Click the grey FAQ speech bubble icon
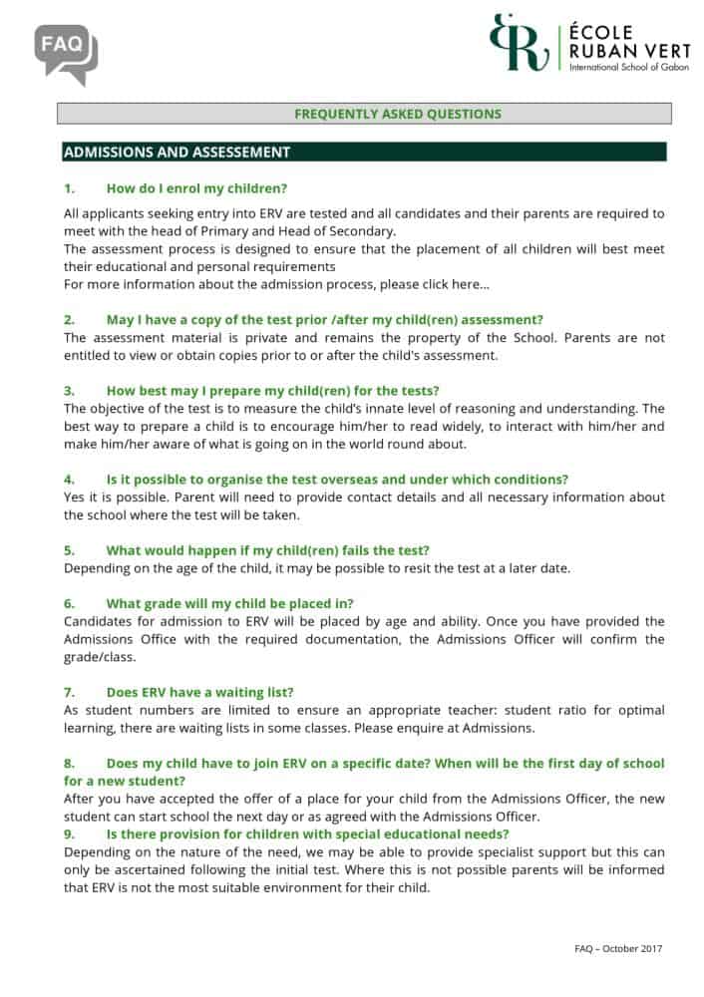coord(66,53)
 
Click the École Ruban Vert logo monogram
coord(520,42)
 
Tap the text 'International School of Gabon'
coord(615,66)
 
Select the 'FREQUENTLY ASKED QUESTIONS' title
coord(397,114)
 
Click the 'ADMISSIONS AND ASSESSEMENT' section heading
coord(176,153)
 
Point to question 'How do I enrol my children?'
coord(196,187)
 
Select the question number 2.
coord(70,319)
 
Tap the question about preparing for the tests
coord(272,390)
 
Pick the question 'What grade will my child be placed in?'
coord(229,603)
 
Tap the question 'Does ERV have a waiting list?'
coord(199,692)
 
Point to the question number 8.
coord(70,763)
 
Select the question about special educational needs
coord(307,833)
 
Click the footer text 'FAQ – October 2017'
coord(618,949)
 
